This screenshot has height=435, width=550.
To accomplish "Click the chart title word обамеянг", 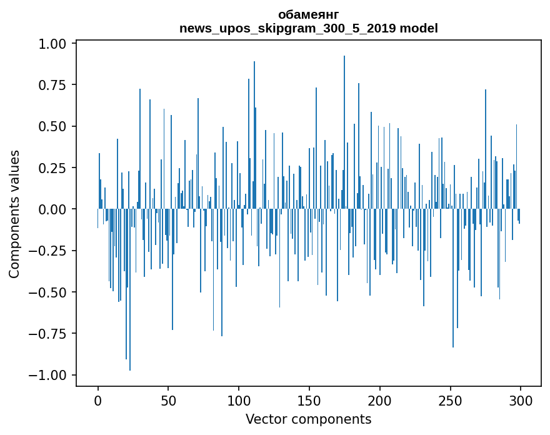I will pyautogui.click(x=308, y=15).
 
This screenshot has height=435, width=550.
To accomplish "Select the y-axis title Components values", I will pyautogui.click(x=14, y=214).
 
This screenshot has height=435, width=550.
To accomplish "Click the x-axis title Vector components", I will pyautogui.click(x=308, y=419).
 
